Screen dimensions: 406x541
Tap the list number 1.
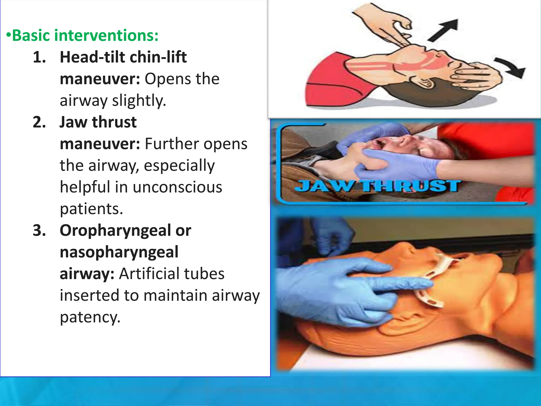[x=39, y=57]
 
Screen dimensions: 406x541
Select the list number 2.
[x=39, y=122]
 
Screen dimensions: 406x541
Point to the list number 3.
[x=39, y=230]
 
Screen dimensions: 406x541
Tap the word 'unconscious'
[x=177, y=187]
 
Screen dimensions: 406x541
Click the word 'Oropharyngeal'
[x=115, y=230]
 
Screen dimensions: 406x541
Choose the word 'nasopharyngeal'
[x=119, y=252]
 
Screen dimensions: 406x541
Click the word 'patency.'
[x=90, y=317]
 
